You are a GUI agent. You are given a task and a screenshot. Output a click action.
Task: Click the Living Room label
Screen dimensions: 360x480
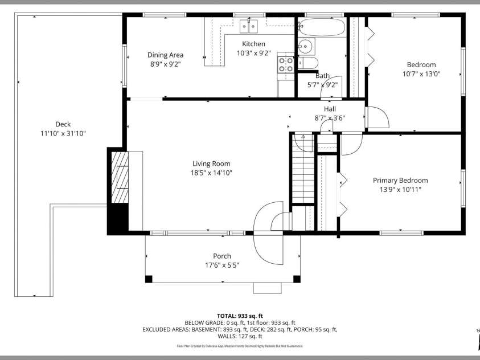tap(211, 164)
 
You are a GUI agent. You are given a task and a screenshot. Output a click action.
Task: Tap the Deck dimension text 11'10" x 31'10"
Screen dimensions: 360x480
tap(63, 133)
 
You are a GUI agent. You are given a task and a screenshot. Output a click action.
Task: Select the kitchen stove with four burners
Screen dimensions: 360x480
tap(286, 64)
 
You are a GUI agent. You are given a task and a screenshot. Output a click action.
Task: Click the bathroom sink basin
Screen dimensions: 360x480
tap(306, 46)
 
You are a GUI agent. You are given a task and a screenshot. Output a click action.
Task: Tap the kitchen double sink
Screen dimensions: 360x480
tap(249, 26)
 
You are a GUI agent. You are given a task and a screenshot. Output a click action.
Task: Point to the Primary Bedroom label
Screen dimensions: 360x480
tap(400, 181)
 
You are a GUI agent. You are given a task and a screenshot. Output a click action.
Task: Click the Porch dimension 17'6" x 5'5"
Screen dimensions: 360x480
tap(222, 265)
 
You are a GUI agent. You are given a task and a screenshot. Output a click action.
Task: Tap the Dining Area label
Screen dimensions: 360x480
tap(165, 55)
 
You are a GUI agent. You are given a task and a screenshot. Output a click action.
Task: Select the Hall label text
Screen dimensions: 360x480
tap(330, 109)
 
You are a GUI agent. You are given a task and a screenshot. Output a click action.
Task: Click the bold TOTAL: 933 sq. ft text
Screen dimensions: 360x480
tap(240, 316)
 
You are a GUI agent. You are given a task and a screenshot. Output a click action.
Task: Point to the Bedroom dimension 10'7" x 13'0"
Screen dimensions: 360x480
tap(421, 73)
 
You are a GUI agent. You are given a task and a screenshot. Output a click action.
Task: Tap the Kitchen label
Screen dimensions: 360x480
tap(253, 44)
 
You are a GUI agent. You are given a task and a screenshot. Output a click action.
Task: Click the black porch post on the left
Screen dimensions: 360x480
tap(149, 279)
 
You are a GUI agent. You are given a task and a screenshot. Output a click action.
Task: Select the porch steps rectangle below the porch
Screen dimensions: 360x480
tap(267, 288)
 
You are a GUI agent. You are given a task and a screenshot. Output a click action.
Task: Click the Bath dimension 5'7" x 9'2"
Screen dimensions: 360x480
tap(322, 85)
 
